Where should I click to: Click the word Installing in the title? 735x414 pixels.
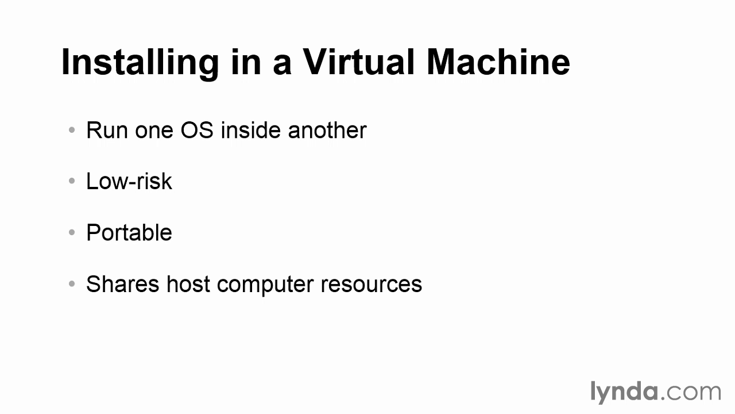point(140,63)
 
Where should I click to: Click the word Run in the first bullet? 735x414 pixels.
point(107,130)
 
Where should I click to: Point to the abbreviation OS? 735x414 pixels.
point(197,130)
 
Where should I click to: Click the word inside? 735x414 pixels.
point(251,130)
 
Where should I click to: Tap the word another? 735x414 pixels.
point(327,130)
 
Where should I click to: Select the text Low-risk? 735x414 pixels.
point(129,181)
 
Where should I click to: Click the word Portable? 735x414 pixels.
point(129,232)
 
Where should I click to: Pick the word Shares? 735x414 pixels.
point(123,284)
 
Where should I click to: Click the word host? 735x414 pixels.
point(188,284)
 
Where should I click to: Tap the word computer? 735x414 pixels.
point(265,285)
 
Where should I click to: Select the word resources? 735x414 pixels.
point(371,285)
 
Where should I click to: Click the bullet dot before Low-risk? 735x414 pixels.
point(72,181)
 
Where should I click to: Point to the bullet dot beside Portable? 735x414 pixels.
point(72,232)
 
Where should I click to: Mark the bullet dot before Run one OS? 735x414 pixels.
point(72,130)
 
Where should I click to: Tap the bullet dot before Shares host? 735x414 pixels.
point(72,283)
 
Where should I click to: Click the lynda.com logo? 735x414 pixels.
point(656,392)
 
